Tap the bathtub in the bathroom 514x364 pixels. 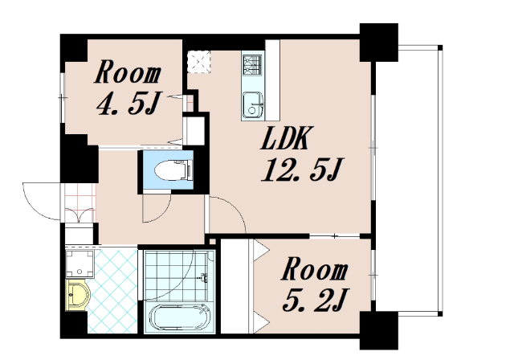[179, 317]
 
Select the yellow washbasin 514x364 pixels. [77, 295]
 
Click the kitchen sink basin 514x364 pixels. [253, 104]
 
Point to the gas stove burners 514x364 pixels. [252, 64]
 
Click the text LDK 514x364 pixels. [284, 138]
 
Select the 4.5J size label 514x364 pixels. [128, 103]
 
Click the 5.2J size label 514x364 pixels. [316, 300]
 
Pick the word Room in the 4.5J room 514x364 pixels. [128, 72]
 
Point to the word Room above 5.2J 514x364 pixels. [314, 269]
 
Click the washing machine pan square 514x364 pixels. [80, 264]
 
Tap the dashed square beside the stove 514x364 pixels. [198, 62]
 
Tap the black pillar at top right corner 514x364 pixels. [378, 43]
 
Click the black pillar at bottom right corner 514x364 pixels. [378, 330]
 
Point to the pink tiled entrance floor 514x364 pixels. [80, 203]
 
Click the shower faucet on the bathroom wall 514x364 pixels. [203, 277]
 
